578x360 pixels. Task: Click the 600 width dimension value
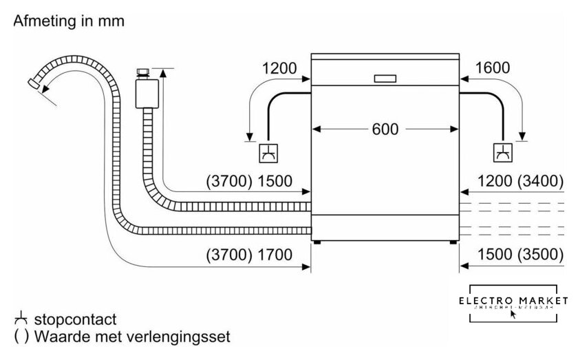tap(385, 129)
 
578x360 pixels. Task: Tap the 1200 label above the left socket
tap(279, 67)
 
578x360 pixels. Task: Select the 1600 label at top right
tap(492, 67)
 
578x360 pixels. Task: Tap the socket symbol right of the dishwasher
tap(503, 152)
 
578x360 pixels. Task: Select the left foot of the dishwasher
tap(317, 242)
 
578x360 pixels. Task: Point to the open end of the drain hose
tap(32, 85)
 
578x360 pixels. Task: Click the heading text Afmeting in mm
tap(69, 21)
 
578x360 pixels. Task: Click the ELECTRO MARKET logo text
tap(515, 301)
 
